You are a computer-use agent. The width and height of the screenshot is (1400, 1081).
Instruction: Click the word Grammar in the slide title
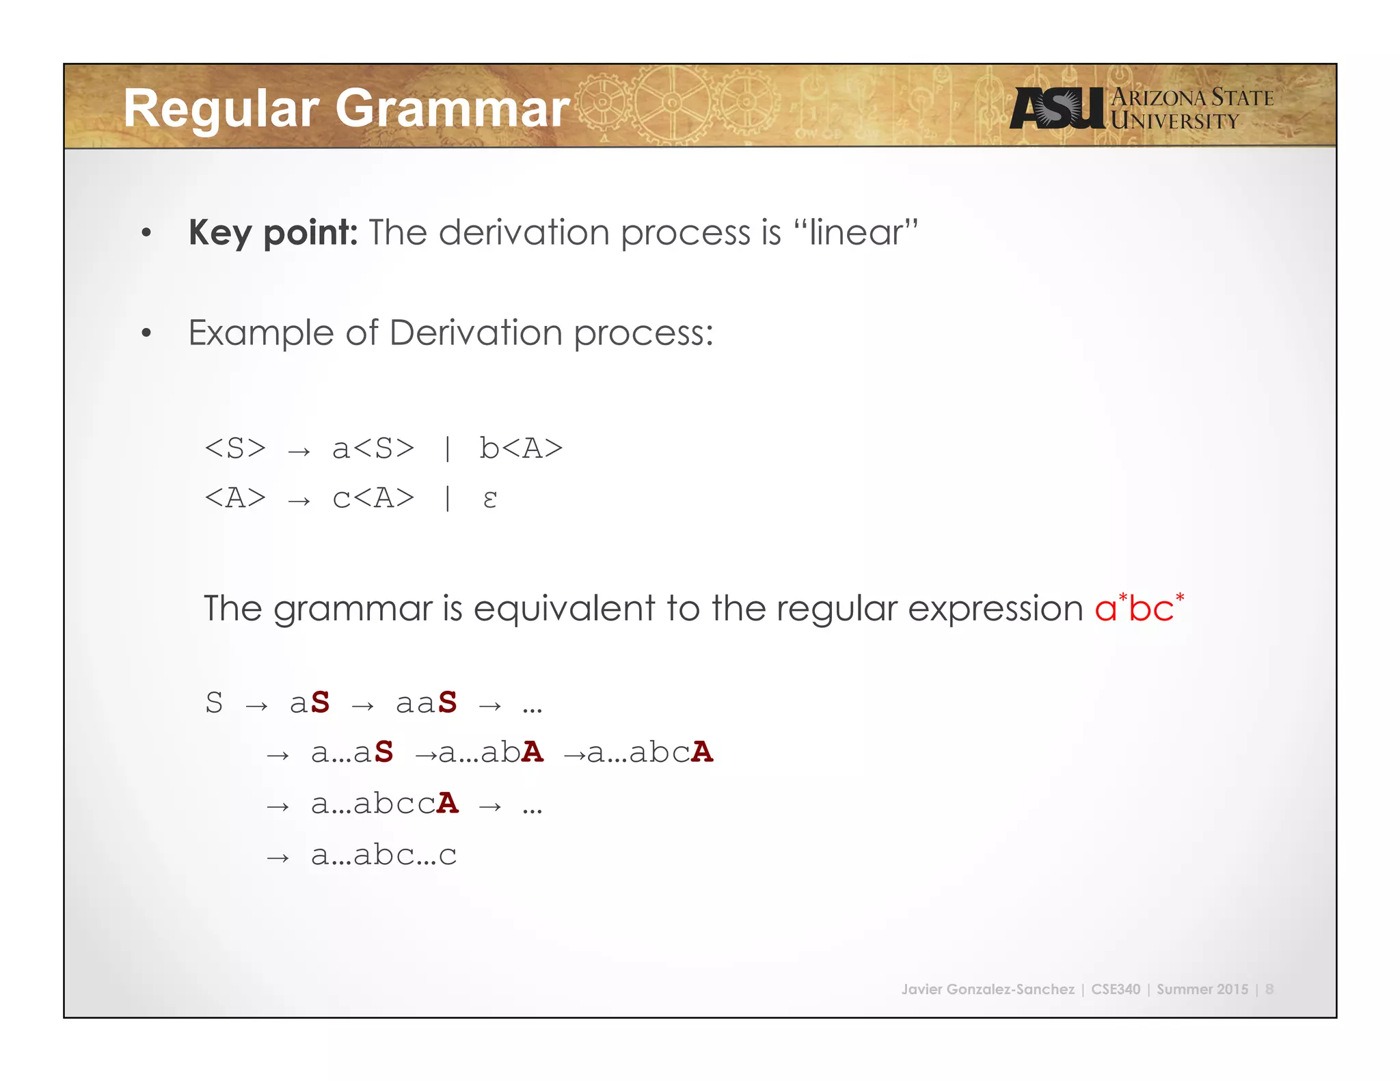(x=452, y=109)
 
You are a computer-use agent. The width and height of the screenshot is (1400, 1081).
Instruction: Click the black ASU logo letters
(x=1057, y=109)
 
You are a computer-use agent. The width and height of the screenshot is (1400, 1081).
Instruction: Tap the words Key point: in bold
(x=273, y=233)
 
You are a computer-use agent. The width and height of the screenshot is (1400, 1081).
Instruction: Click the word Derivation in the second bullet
(x=476, y=333)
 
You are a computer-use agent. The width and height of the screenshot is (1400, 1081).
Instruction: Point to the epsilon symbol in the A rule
(x=489, y=498)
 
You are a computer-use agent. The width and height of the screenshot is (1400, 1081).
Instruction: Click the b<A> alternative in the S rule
(x=521, y=449)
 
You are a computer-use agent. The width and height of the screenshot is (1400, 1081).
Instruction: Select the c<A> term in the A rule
(x=373, y=498)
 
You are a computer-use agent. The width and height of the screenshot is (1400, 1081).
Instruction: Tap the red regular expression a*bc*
(x=1138, y=607)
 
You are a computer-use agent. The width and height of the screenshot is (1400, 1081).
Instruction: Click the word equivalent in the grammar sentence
(x=564, y=608)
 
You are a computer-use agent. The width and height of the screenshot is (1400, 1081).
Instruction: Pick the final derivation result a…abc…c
(x=383, y=855)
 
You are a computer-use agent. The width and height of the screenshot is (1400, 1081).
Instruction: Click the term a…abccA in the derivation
(x=384, y=804)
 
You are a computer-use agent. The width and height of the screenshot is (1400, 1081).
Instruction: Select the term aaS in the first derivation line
(x=426, y=702)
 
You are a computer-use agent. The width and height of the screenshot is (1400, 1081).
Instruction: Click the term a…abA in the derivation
(x=491, y=753)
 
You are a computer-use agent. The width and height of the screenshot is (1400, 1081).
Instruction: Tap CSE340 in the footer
(x=1116, y=989)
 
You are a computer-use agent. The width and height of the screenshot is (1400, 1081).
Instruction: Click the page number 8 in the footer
(x=1269, y=989)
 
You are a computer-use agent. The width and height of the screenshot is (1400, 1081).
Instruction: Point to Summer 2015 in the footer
(x=1202, y=989)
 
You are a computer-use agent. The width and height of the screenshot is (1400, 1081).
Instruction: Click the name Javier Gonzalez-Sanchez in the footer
(x=987, y=989)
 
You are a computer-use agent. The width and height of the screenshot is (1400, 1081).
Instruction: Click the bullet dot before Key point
(x=146, y=234)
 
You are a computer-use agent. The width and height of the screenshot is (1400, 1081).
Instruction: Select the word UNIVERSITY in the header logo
(x=1174, y=122)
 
